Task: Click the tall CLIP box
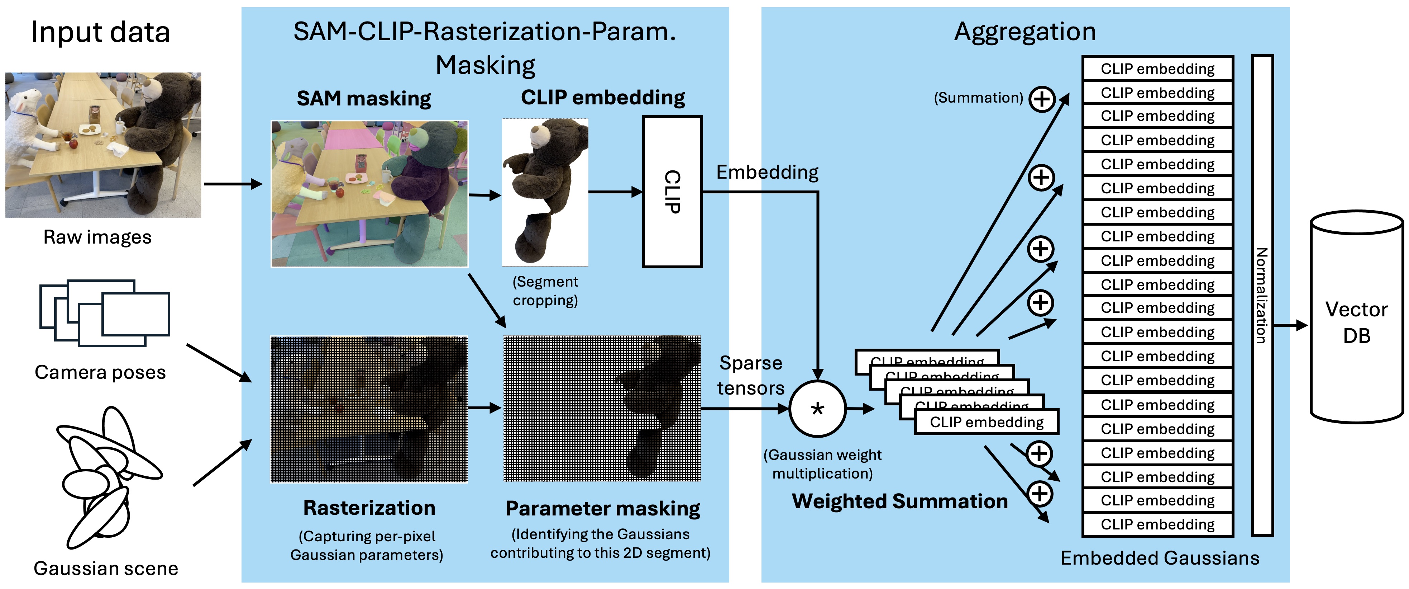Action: point(672,192)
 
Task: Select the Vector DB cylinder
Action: point(1356,317)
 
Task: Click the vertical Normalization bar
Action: point(1262,296)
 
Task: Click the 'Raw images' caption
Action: point(97,237)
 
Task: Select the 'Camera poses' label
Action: point(100,372)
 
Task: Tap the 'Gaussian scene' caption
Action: point(106,568)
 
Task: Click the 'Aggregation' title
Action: point(1024,32)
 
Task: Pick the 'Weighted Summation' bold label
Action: point(900,501)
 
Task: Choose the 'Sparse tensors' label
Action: point(750,376)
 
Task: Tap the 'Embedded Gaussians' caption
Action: point(1160,558)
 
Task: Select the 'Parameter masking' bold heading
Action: point(602,509)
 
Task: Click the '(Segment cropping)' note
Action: point(545,291)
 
